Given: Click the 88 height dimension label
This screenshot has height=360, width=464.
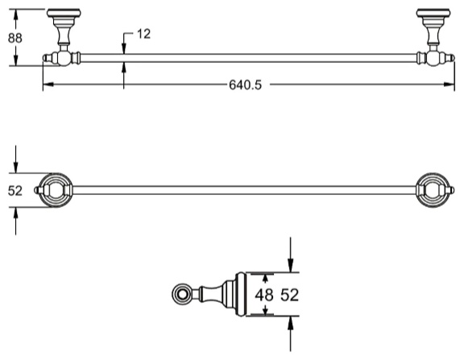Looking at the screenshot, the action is click(14, 39).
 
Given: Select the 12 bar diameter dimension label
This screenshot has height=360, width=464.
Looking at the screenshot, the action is click(144, 34).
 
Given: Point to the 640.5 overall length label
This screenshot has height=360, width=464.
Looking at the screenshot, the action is click(246, 85).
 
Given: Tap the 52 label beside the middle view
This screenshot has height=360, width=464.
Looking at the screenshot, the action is click(14, 191).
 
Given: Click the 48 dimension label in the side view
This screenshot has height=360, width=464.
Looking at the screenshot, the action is click(264, 295).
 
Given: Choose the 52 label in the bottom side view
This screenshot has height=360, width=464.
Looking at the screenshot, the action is click(290, 295).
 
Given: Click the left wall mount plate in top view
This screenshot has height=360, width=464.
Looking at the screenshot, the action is click(64, 13).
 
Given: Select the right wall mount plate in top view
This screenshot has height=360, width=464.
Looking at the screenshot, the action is click(433, 13).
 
